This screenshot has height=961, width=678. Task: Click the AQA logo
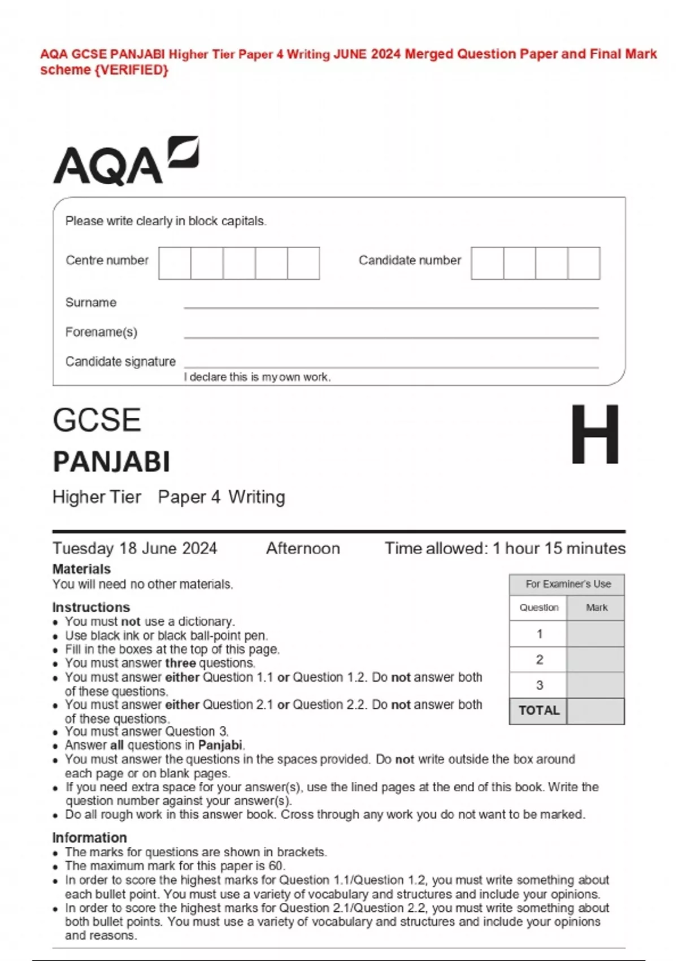[125, 161]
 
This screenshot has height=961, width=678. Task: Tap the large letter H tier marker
[594, 434]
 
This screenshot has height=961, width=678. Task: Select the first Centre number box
[175, 263]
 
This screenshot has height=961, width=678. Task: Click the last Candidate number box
[584, 263]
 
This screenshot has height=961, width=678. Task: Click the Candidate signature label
[120, 361]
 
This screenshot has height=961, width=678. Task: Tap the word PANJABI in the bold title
[111, 462]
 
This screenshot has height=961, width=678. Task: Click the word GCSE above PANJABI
[97, 420]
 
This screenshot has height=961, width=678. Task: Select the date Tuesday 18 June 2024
[134, 548]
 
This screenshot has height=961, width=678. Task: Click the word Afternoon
[303, 548]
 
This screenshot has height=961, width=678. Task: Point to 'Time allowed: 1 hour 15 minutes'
[505, 548]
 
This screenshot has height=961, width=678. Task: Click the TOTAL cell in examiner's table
[538, 711]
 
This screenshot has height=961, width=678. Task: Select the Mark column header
[596, 608]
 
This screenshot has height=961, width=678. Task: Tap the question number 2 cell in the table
[539, 659]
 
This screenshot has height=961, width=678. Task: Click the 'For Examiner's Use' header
[568, 584]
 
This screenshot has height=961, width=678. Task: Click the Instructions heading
[91, 607]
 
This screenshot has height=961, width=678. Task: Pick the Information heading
[89, 837]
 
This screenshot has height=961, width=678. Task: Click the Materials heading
[81, 569]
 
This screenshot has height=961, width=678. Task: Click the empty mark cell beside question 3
[596, 685]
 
